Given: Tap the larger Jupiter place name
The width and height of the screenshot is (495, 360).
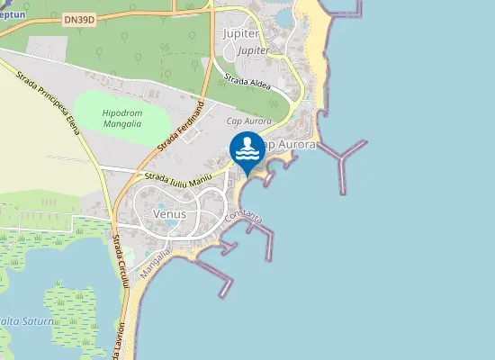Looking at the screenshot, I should tap(239, 34).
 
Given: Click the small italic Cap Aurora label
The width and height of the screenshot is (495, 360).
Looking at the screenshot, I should tap(248, 121).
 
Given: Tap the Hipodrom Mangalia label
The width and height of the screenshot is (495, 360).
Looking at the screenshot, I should tap(121, 118).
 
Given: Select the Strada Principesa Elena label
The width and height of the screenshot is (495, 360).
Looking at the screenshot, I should tap(45, 100).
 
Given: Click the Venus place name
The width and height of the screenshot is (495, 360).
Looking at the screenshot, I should tap(169, 214).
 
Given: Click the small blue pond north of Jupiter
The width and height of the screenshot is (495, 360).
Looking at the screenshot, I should tap(285, 17).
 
